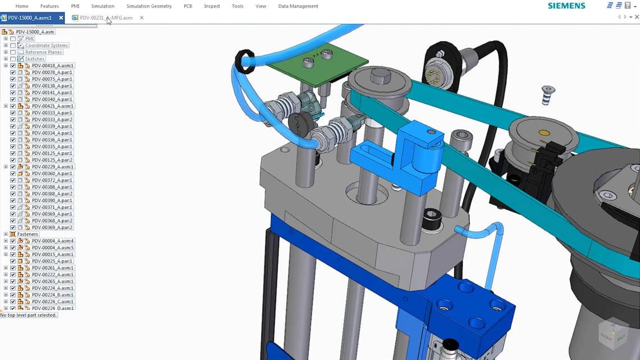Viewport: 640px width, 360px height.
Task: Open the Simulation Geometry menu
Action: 149,6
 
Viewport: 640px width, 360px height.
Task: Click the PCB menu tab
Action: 188,6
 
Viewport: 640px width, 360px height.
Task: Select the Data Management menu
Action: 298,6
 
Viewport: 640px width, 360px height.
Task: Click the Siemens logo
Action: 566,6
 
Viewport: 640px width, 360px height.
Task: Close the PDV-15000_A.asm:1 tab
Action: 61,18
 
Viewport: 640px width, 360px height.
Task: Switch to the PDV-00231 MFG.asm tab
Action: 106,18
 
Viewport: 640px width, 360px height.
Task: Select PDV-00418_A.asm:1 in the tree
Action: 52,66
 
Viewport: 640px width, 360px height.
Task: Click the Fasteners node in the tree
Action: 28,234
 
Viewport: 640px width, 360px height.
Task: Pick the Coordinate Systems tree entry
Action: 46,45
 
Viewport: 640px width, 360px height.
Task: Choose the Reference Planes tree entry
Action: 43,52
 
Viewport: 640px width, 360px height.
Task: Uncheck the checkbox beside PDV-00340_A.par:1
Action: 13,99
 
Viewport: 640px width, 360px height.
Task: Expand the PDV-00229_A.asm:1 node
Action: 6,167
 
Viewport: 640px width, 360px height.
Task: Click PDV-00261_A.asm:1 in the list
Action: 52,268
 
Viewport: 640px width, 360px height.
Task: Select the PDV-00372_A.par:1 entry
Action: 52,180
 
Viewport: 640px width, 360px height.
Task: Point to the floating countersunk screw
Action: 548,94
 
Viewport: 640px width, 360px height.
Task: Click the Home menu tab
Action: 22,6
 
